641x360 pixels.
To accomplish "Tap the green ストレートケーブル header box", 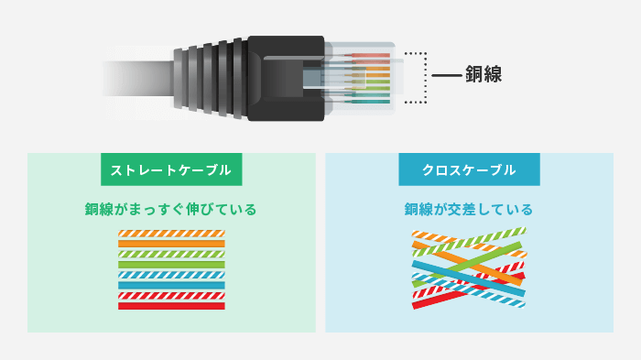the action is [171, 170].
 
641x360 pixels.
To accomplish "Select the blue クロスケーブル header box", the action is [469, 170].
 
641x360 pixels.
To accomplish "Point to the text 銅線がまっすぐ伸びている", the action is [171, 209].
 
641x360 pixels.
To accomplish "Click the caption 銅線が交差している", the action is [469, 209].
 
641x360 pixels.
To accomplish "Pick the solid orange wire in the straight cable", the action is [171, 244].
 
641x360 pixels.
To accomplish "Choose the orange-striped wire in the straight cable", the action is [171, 234].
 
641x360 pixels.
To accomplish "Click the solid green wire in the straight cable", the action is [171, 265].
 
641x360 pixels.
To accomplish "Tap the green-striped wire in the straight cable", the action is [171, 254].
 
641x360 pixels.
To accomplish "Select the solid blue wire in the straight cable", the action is [171, 285].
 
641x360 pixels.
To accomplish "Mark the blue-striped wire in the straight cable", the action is [171, 275].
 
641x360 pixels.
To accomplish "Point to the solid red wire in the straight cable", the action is [171, 306].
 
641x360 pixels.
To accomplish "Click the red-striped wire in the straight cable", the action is [171, 295].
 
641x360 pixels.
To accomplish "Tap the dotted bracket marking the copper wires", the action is [424, 77].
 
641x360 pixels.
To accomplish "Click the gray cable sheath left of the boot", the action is [137, 77].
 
